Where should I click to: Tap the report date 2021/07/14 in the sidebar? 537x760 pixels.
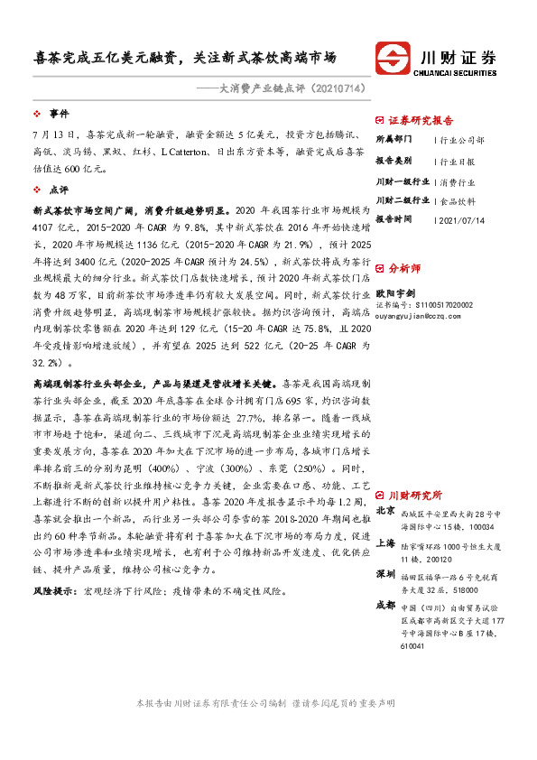pyautogui.click(x=461, y=220)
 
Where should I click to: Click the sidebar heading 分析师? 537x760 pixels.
pyautogui.click(x=404, y=268)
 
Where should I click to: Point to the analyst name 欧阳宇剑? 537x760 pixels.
pyautogui.click(x=395, y=292)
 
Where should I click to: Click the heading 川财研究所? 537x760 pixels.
pyautogui.click(x=415, y=496)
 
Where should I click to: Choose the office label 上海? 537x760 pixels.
pyautogui.click(x=384, y=543)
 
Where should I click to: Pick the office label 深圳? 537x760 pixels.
pyautogui.click(x=384, y=574)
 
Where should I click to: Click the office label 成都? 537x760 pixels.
pyautogui.click(x=384, y=605)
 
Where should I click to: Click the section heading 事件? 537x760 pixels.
pyautogui.click(x=60, y=115)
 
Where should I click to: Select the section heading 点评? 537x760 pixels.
pyautogui.click(x=60, y=190)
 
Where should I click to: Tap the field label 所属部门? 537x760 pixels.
pyautogui.click(x=393, y=141)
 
